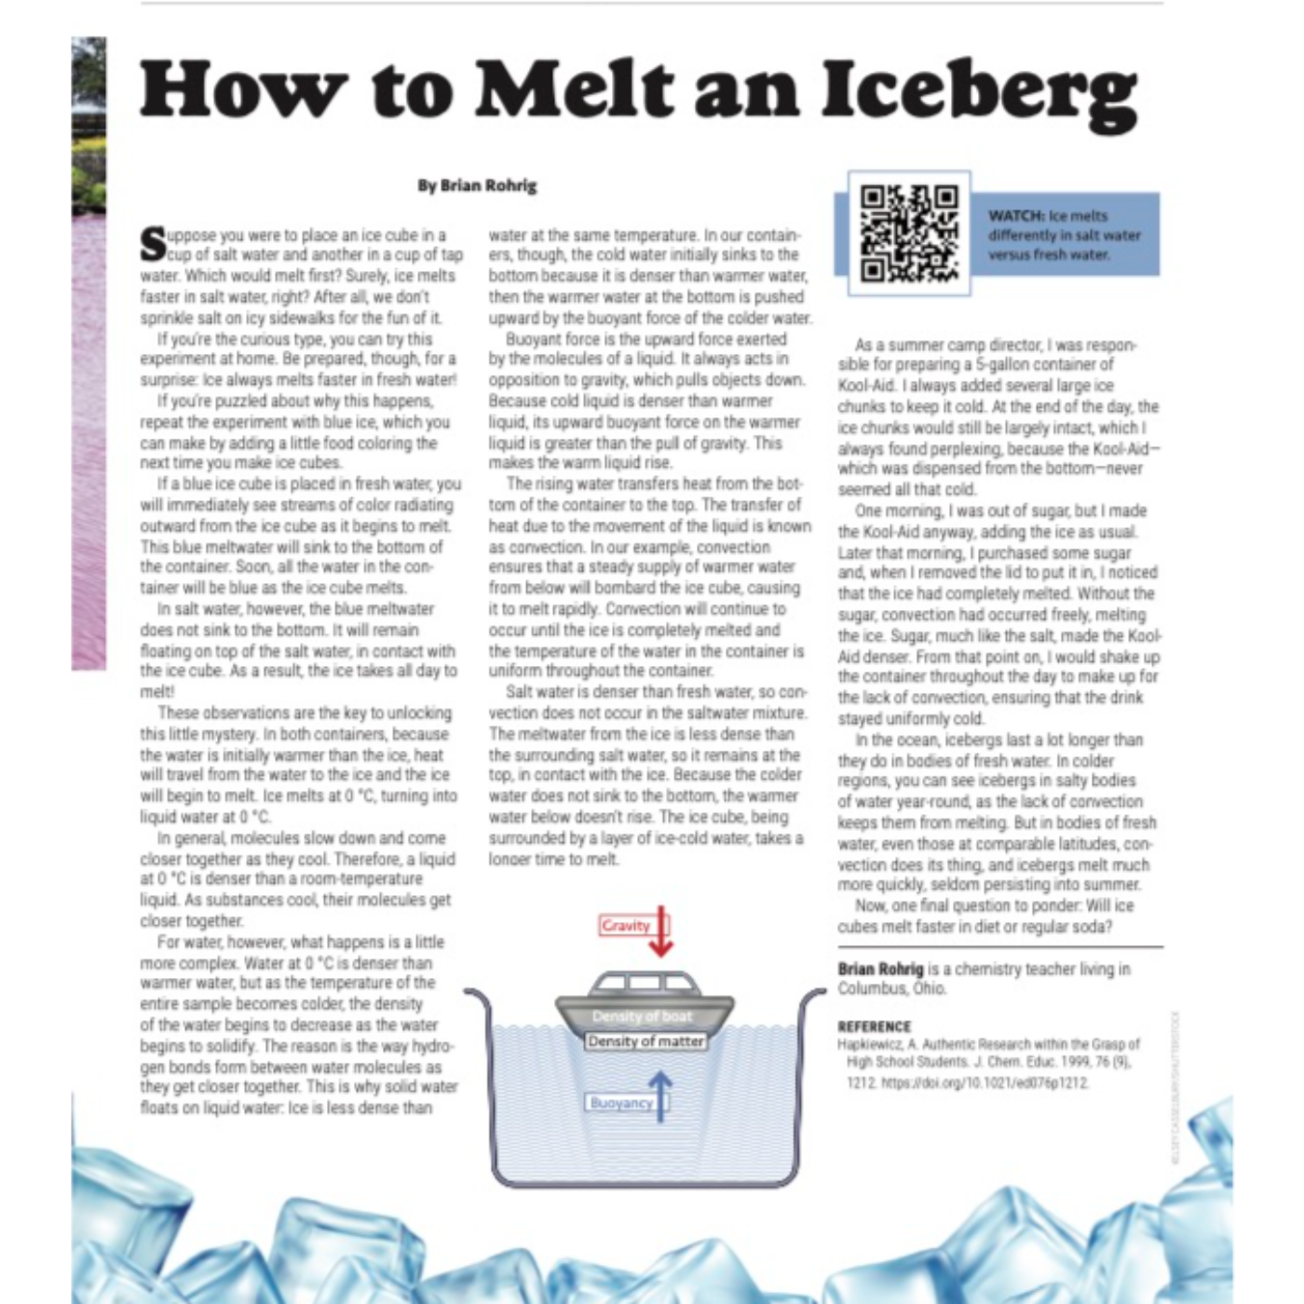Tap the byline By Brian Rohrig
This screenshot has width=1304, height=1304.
pos(477,185)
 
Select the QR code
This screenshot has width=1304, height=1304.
pos(908,234)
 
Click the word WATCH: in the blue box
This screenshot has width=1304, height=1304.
pos(1015,215)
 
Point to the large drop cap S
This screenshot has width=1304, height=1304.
pos(153,244)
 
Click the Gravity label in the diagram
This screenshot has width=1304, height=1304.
pos(625,925)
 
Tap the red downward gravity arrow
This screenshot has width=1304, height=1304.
pos(660,931)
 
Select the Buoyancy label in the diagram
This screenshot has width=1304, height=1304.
pos(620,1103)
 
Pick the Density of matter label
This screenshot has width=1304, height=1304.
pos(645,1041)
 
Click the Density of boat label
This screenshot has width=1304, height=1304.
pos(642,1016)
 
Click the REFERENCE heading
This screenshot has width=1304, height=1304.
pos(874,1026)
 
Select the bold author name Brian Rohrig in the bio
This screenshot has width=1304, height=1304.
pos(880,969)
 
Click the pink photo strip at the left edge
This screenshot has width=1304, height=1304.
pos(88,419)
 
